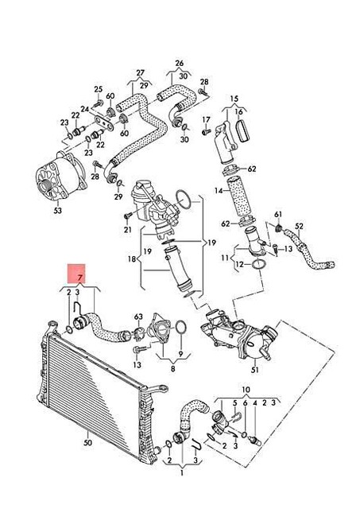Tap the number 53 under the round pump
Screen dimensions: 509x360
56,212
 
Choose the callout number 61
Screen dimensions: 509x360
278,215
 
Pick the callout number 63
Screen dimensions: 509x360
137,317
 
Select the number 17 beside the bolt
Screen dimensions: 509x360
206,120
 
